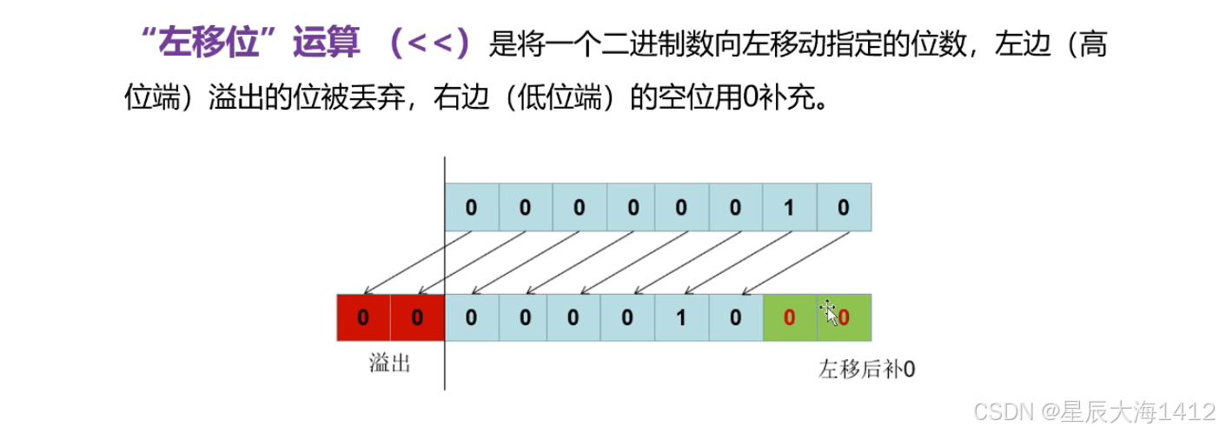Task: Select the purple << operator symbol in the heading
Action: (x=431, y=43)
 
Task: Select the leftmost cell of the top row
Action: (x=472, y=207)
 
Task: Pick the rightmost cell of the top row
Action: (x=844, y=207)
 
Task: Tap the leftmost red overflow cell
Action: (x=363, y=317)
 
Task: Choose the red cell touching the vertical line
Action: (x=417, y=317)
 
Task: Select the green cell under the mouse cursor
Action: (x=844, y=317)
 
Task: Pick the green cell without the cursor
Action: (x=790, y=317)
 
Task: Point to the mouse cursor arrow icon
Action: (x=829, y=313)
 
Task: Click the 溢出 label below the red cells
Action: (x=389, y=364)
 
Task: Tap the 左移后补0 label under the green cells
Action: (x=866, y=369)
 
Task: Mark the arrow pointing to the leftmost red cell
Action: (x=417, y=262)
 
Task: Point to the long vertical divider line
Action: (x=445, y=261)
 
